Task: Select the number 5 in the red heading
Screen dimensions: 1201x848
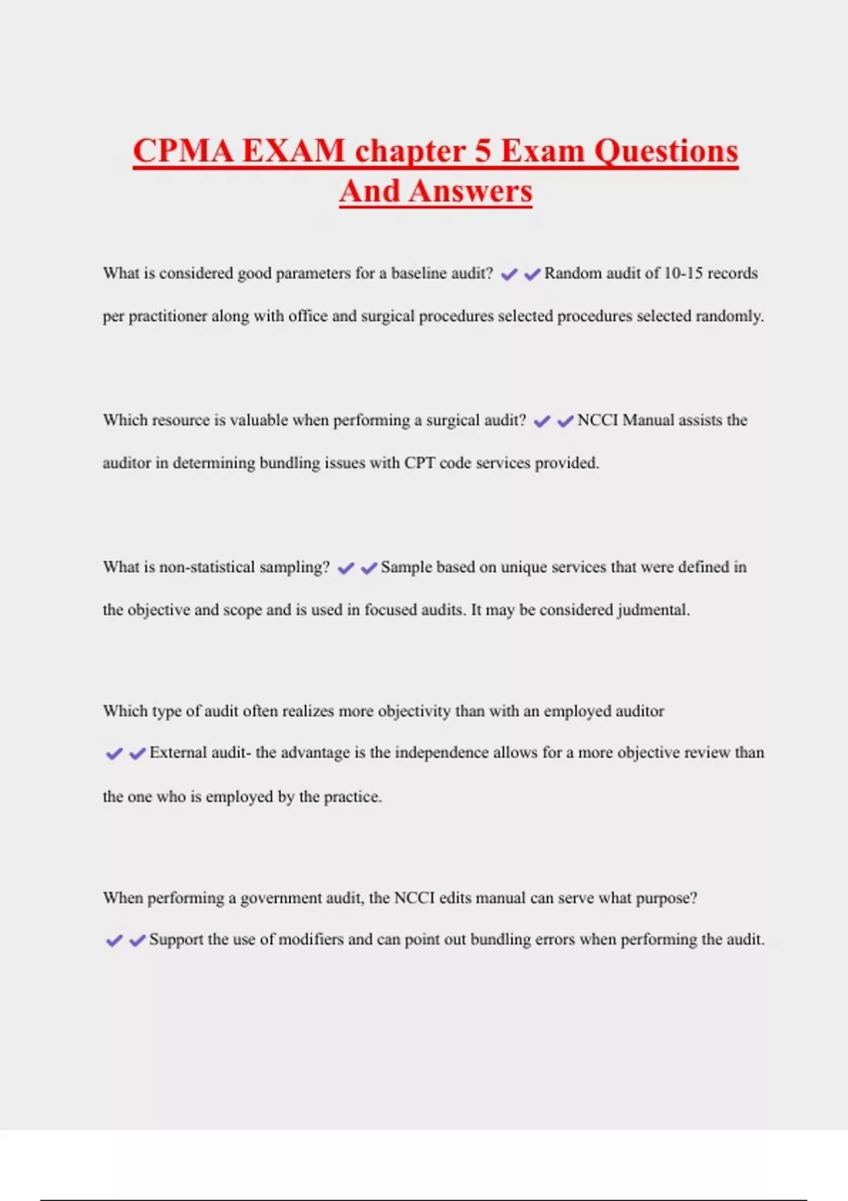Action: tap(483, 151)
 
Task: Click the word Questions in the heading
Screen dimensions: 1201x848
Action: tap(666, 151)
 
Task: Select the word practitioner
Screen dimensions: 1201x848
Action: tap(167, 316)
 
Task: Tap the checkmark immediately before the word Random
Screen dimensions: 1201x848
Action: tap(532, 274)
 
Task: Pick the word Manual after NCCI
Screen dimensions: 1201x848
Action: tap(648, 420)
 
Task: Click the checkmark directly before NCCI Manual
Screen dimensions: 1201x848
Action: tap(565, 421)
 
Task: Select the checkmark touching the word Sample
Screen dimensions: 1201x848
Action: tap(369, 568)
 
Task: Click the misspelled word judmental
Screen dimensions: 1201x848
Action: tap(652, 610)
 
